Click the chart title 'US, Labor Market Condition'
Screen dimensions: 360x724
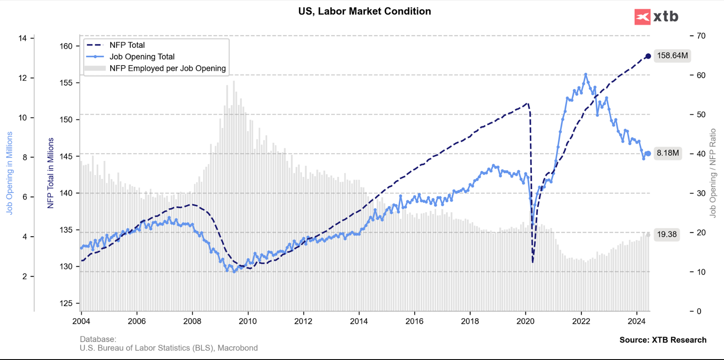[x=365, y=11]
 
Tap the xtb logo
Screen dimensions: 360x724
[x=656, y=17]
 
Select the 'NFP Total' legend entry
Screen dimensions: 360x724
[x=127, y=45]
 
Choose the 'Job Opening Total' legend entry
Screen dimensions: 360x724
[x=142, y=56]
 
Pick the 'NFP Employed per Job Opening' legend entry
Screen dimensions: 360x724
[x=167, y=68]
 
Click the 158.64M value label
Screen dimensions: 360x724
[x=672, y=56]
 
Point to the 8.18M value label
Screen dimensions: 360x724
[x=668, y=153]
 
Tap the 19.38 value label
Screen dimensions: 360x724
[x=667, y=235]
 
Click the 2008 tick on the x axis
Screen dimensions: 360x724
[x=192, y=321]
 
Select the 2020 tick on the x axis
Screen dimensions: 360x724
[x=525, y=321]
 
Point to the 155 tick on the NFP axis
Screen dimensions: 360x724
[x=66, y=83]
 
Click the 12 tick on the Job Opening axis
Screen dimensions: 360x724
[x=22, y=78]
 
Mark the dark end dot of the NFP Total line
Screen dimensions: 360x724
[x=648, y=56]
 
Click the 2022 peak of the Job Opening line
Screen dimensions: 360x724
[x=585, y=75]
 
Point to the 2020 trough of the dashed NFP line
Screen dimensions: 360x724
[x=533, y=262]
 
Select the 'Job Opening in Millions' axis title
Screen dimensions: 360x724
[x=9, y=173]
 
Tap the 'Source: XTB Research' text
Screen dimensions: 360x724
[x=663, y=340]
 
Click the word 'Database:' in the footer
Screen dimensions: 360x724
[x=98, y=339]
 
